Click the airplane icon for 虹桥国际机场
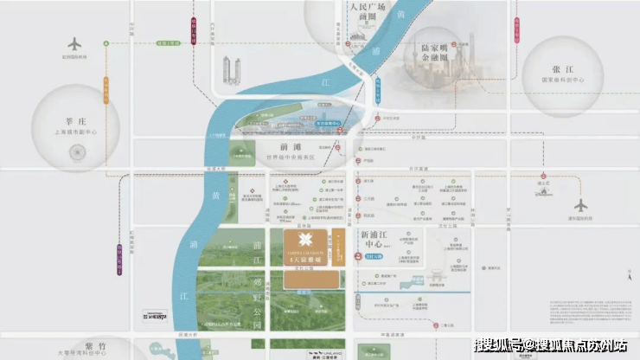[x=74, y=43]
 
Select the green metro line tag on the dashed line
[x=172, y=42]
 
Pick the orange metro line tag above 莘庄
[x=108, y=86]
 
